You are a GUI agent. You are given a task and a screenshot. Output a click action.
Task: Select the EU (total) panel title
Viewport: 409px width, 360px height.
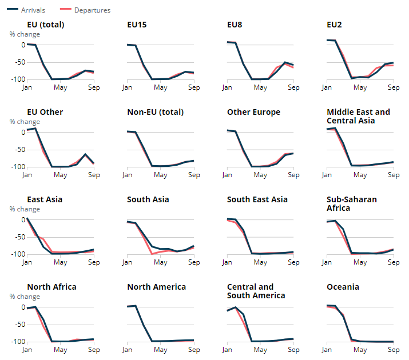click(45, 25)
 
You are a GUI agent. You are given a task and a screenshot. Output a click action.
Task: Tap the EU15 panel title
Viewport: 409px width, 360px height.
click(138, 25)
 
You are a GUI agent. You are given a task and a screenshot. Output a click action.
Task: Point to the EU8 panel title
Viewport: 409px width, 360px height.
click(235, 25)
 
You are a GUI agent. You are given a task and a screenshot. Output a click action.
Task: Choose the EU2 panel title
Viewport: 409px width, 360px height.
click(335, 25)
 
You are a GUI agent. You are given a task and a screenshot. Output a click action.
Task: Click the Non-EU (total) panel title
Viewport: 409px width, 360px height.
click(156, 112)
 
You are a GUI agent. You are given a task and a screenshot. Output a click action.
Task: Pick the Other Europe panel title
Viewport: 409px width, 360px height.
click(253, 112)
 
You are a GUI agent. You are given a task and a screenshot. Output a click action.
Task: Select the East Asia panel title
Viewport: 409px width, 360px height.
click(45, 199)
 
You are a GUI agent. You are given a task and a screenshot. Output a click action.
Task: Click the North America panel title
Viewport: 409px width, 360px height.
click(156, 287)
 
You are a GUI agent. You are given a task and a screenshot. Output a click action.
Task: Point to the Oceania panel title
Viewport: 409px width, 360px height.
click(343, 287)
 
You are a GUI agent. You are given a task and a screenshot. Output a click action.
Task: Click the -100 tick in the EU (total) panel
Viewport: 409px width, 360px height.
click(17, 79)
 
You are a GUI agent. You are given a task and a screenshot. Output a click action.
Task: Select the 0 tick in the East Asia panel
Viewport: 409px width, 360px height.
click(23, 220)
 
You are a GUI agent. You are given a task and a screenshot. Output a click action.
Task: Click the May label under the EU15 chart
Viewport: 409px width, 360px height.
click(160, 87)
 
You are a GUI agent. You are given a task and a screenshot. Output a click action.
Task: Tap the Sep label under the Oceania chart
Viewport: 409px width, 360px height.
click(394, 350)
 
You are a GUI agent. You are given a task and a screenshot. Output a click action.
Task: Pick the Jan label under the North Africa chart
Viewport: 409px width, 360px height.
click(27, 350)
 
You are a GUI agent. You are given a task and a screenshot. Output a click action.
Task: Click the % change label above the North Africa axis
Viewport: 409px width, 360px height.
click(25, 297)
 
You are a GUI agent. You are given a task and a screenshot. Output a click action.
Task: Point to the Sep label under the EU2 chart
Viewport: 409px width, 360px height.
click(394, 87)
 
